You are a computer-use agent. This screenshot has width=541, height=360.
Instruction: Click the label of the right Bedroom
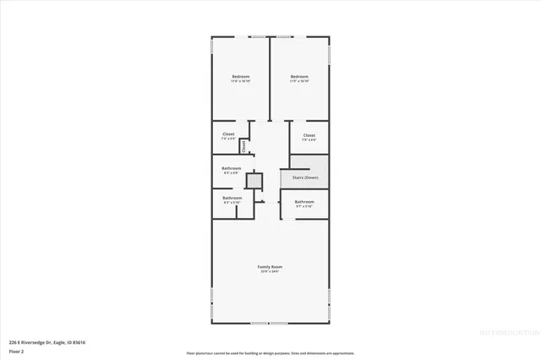click(299, 77)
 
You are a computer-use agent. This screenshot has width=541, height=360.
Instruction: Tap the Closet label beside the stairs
click(309, 135)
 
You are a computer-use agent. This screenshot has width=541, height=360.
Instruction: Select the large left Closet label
click(228, 134)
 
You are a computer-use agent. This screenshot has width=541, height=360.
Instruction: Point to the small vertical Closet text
click(244, 145)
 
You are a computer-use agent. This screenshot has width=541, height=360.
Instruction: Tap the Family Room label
click(270, 266)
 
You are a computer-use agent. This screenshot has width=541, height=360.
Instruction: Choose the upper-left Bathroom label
click(232, 168)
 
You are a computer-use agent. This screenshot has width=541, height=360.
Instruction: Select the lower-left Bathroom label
click(232, 199)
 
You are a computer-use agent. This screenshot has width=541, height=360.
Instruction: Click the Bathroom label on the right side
click(304, 202)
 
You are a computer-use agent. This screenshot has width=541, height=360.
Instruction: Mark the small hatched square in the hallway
click(251, 179)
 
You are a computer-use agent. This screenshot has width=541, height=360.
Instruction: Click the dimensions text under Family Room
click(270, 271)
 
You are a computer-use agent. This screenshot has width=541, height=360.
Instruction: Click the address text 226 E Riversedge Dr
click(47, 341)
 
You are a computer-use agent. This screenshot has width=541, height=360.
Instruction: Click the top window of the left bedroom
click(240, 37)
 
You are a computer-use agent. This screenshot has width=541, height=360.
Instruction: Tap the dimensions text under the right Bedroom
click(299, 82)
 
